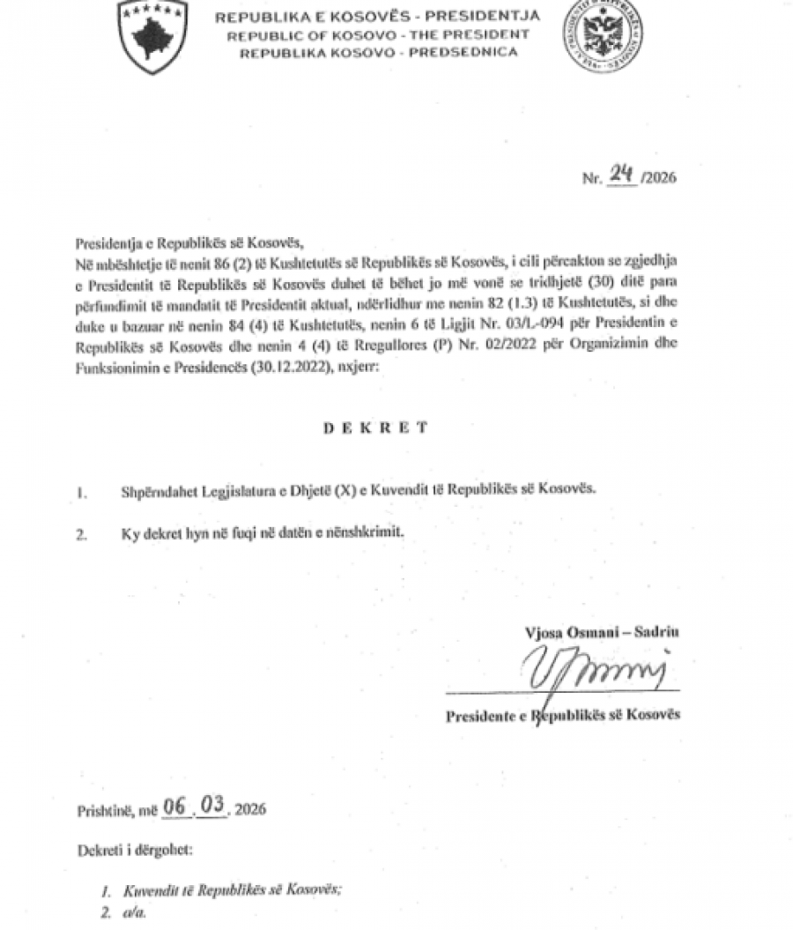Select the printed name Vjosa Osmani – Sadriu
[x=601, y=631]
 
